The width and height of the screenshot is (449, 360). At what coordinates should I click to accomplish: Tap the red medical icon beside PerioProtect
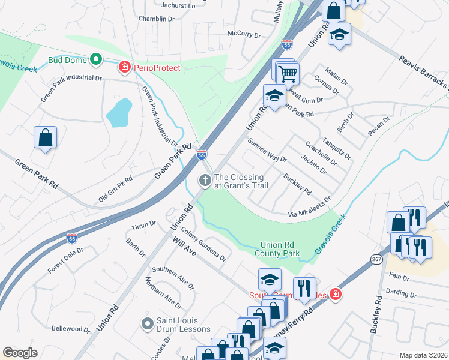[x=125, y=68]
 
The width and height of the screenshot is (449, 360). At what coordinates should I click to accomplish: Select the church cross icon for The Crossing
[x=205, y=180]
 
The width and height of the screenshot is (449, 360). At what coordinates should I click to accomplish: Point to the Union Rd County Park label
[x=280, y=250]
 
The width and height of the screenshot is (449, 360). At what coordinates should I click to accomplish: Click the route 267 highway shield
[x=376, y=259]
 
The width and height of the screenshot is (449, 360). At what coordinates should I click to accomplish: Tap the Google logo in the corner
[x=20, y=353]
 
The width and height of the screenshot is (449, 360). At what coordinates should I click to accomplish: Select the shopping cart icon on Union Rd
[x=289, y=74]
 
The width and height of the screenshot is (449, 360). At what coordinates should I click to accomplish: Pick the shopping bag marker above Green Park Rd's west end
[x=45, y=137]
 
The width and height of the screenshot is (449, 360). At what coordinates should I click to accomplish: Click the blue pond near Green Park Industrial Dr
[x=119, y=112]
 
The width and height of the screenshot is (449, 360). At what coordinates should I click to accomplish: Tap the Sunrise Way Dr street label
[x=267, y=151]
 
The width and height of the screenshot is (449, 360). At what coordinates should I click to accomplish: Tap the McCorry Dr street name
[x=244, y=35]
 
